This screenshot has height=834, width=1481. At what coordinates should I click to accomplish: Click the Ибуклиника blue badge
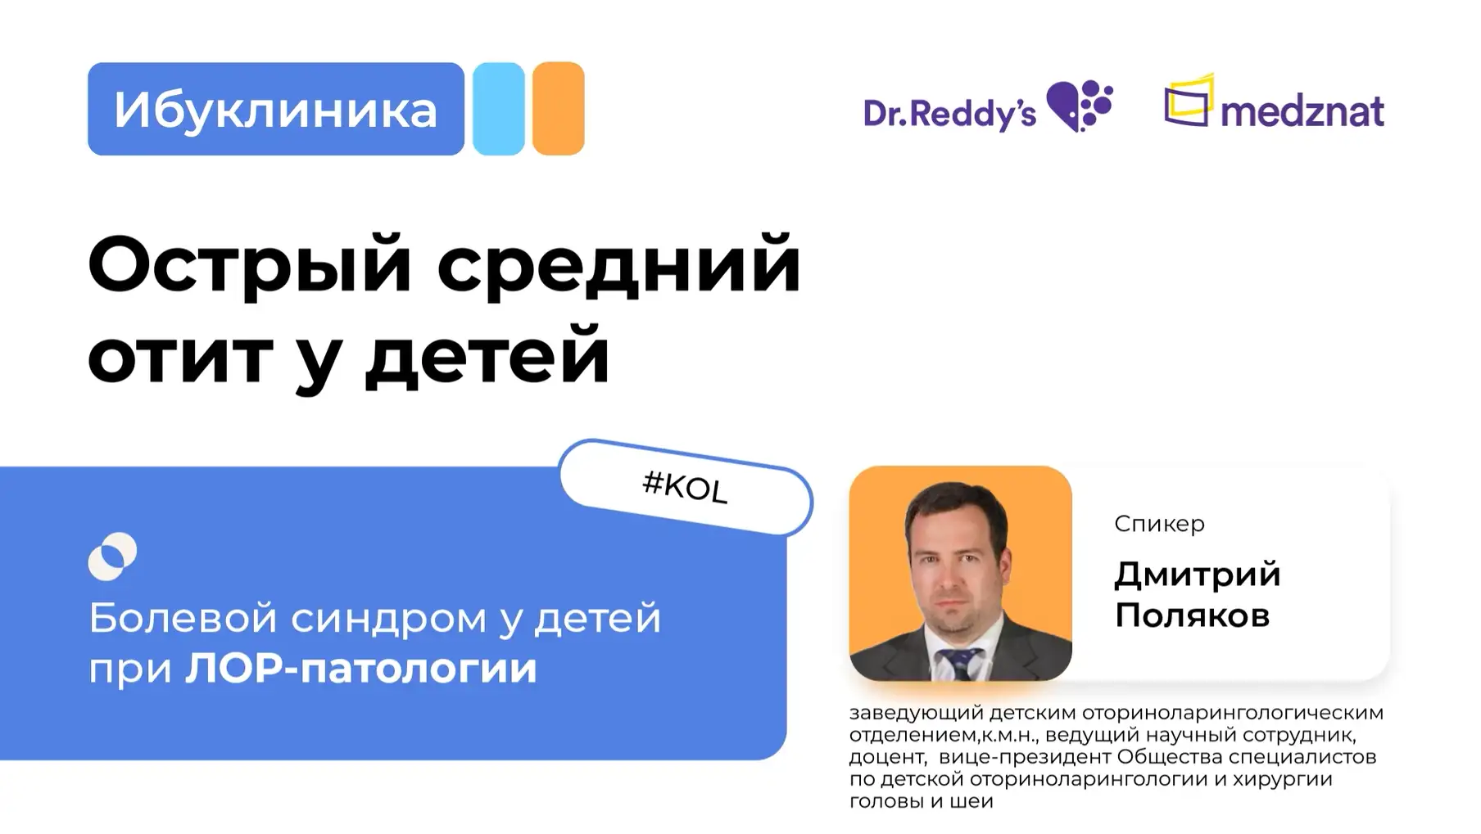click(275, 109)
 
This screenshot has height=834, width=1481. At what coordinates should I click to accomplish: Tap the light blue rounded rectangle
click(498, 109)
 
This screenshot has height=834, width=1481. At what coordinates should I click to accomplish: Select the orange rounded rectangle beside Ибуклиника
click(558, 109)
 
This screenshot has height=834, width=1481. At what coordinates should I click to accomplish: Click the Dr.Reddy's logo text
click(949, 114)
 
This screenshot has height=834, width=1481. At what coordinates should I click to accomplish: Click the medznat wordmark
click(1302, 112)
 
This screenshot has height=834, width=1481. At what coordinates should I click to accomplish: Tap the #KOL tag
click(685, 487)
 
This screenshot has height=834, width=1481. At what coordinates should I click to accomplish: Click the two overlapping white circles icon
click(112, 557)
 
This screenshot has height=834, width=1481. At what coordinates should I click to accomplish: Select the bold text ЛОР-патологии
click(360, 669)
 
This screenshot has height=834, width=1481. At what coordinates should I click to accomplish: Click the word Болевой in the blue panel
click(183, 618)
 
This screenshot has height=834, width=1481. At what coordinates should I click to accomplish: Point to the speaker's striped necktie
click(960, 664)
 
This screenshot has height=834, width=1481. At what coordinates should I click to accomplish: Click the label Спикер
click(1158, 524)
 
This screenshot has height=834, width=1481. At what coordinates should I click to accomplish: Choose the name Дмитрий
click(1197, 575)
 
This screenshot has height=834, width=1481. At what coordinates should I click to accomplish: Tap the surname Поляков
click(1192, 615)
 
